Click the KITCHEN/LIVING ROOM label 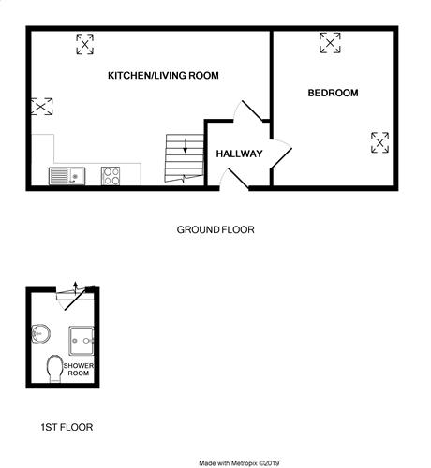tap(163, 75)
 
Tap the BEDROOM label tap(333, 93)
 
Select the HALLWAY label tap(239, 154)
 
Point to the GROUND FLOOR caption tap(215, 229)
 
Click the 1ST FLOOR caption tap(67, 427)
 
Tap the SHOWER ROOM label tap(79, 369)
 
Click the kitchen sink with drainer tap(67, 176)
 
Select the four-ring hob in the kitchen tap(111, 176)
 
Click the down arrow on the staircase tap(186, 146)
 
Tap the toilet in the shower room tap(55, 369)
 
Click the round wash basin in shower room tap(40, 333)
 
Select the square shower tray tap(82, 341)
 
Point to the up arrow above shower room tap(75, 287)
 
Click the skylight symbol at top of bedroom tap(330, 43)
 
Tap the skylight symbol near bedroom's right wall tap(379, 142)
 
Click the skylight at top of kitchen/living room tap(85, 44)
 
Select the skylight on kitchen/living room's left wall tap(42, 107)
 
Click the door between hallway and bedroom tap(281, 158)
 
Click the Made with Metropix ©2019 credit tap(239, 463)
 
